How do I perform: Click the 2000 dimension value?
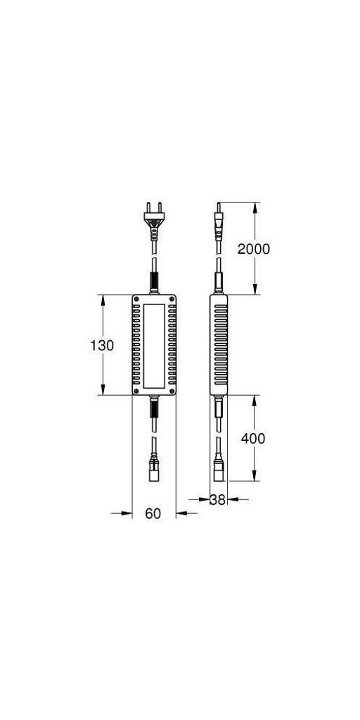click(253, 249)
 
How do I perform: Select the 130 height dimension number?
click(102, 345)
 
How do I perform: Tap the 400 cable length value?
click(253, 439)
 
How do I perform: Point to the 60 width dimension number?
click(153, 514)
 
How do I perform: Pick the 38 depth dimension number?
click(218, 500)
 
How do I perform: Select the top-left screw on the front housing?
click(136, 299)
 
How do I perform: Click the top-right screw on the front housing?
click(172, 299)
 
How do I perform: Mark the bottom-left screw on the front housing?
click(136, 391)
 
